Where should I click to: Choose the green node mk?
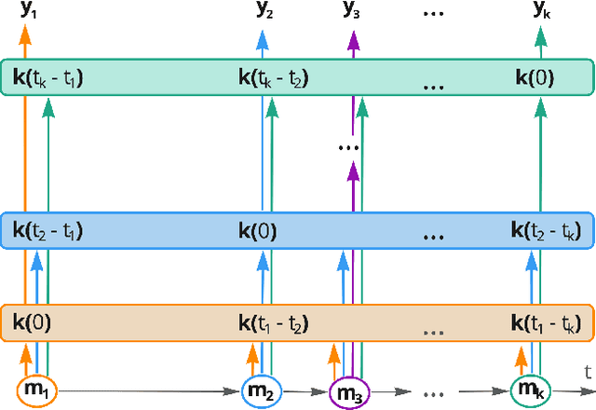[x=530, y=389]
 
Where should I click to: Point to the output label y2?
[x=264, y=10]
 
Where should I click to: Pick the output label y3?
[x=352, y=10]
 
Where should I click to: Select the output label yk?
[x=540, y=10]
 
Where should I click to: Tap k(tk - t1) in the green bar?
[x=48, y=78]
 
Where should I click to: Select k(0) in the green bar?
[x=535, y=78]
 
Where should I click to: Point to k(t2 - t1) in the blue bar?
[x=48, y=229]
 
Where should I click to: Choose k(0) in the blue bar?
[x=258, y=229]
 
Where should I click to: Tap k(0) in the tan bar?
[x=32, y=322]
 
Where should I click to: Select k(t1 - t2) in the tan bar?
[x=274, y=323]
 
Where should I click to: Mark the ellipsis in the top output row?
[x=434, y=10]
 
